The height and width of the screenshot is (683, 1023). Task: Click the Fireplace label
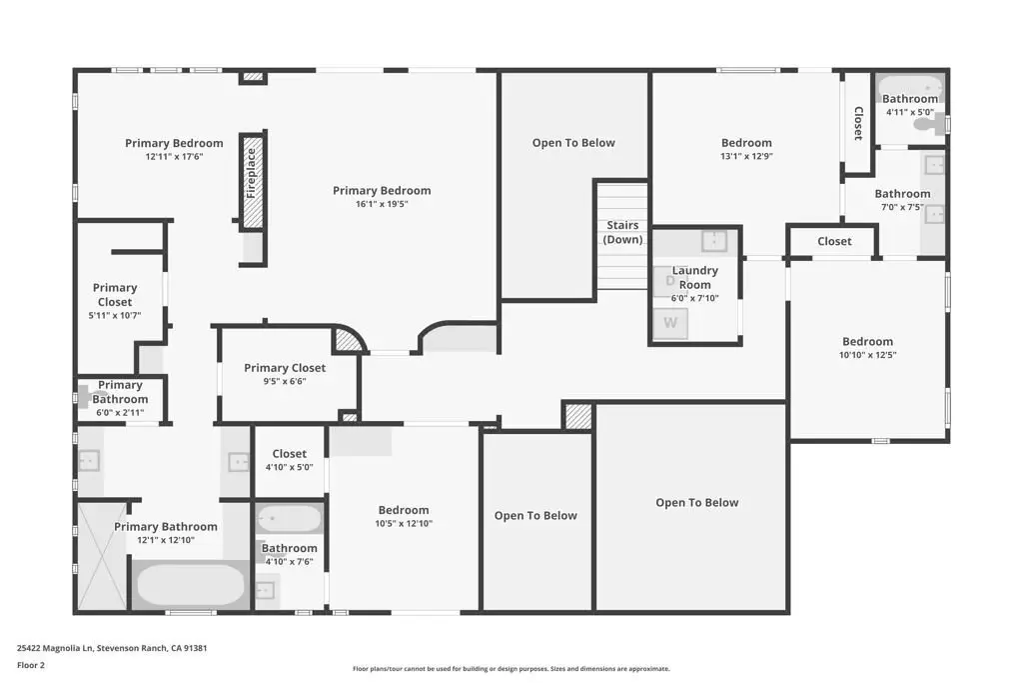coord(252,173)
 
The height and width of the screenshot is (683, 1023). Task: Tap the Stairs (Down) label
coord(622,232)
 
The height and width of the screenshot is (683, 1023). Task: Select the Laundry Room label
coord(695,277)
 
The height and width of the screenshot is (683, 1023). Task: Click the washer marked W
coord(670,323)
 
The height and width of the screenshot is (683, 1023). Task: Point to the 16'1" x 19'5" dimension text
coord(382,204)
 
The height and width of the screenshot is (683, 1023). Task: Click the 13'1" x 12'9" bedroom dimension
coord(746,156)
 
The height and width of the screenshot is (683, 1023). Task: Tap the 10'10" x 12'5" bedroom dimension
coord(867,355)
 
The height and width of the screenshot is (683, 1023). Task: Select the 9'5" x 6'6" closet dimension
coord(285,381)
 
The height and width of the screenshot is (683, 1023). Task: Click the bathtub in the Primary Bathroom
coord(190,584)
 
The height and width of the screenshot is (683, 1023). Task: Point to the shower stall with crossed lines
coord(102,556)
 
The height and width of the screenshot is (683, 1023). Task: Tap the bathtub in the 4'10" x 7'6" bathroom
coord(289,519)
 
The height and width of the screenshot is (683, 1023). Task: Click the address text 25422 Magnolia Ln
coord(56,648)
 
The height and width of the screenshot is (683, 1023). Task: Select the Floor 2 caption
coord(31,665)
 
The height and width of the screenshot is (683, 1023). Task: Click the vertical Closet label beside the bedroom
coord(858,123)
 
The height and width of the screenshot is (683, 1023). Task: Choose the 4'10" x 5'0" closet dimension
coord(289,468)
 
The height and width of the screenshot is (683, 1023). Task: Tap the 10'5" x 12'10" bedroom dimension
coord(404,524)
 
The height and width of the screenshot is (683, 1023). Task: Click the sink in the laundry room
coord(714,241)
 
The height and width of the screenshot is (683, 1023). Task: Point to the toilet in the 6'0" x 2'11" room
coord(83,397)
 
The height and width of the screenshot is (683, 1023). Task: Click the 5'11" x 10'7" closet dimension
coord(115,315)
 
